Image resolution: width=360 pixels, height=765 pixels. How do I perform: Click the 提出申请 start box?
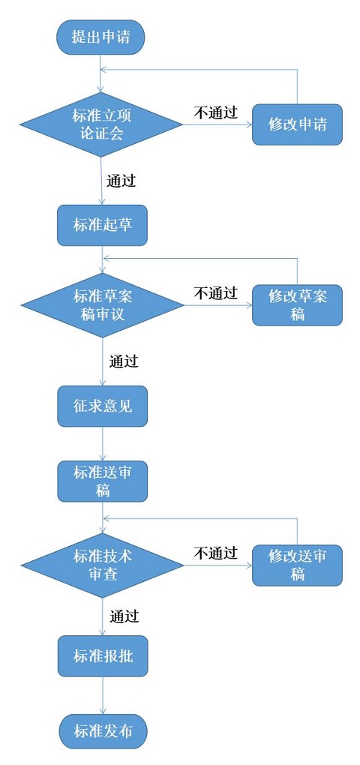click(x=100, y=37)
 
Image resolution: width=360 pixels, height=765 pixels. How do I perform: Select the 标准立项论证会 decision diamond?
click(x=101, y=124)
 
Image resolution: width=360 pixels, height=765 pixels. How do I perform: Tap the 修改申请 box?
click(x=297, y=124)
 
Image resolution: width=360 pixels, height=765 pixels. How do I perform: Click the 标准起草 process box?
click(x=102, y=225)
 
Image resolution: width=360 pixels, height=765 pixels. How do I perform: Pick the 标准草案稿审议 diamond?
click(x=103, y=305)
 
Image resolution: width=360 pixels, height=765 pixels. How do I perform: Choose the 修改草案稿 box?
click(x=297, y=305)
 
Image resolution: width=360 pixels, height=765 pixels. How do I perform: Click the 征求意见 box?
click(x=103, y=406)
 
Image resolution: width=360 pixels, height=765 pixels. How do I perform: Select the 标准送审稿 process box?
click(x=103, y=481)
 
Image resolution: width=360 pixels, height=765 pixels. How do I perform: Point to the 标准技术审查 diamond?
click(x=103, y=565)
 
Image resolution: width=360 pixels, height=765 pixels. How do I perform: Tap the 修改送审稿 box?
click(x=297, y=565)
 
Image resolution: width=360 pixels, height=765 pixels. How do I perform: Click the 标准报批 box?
click(x=103, y=656)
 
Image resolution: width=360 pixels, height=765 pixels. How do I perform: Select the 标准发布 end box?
click(x=103, y=731)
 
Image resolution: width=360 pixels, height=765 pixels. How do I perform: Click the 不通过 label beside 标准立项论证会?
click(x=215, y=112)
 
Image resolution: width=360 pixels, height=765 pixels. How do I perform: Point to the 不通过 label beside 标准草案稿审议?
click(x=215, y=293)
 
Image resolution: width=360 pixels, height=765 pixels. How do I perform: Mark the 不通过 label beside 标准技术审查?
click(x=215, y=553)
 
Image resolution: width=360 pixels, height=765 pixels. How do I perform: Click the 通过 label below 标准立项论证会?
click(x=121, y=181)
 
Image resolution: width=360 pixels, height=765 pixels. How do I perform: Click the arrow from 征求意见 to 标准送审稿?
click(x=103, y=444)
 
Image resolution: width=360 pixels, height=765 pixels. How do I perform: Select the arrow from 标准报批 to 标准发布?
click(x=103, y=696)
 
